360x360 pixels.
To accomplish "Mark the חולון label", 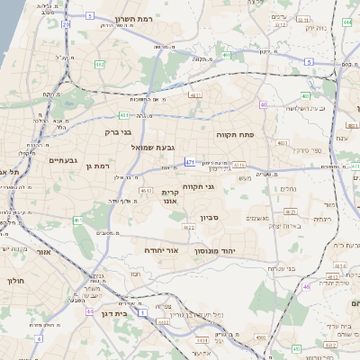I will [16, 281].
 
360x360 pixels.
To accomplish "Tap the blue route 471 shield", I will [190, 162].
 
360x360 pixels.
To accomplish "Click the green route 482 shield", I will [100, 65].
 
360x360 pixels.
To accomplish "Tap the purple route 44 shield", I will [90, 311].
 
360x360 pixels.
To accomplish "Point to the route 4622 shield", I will [190, 228].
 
